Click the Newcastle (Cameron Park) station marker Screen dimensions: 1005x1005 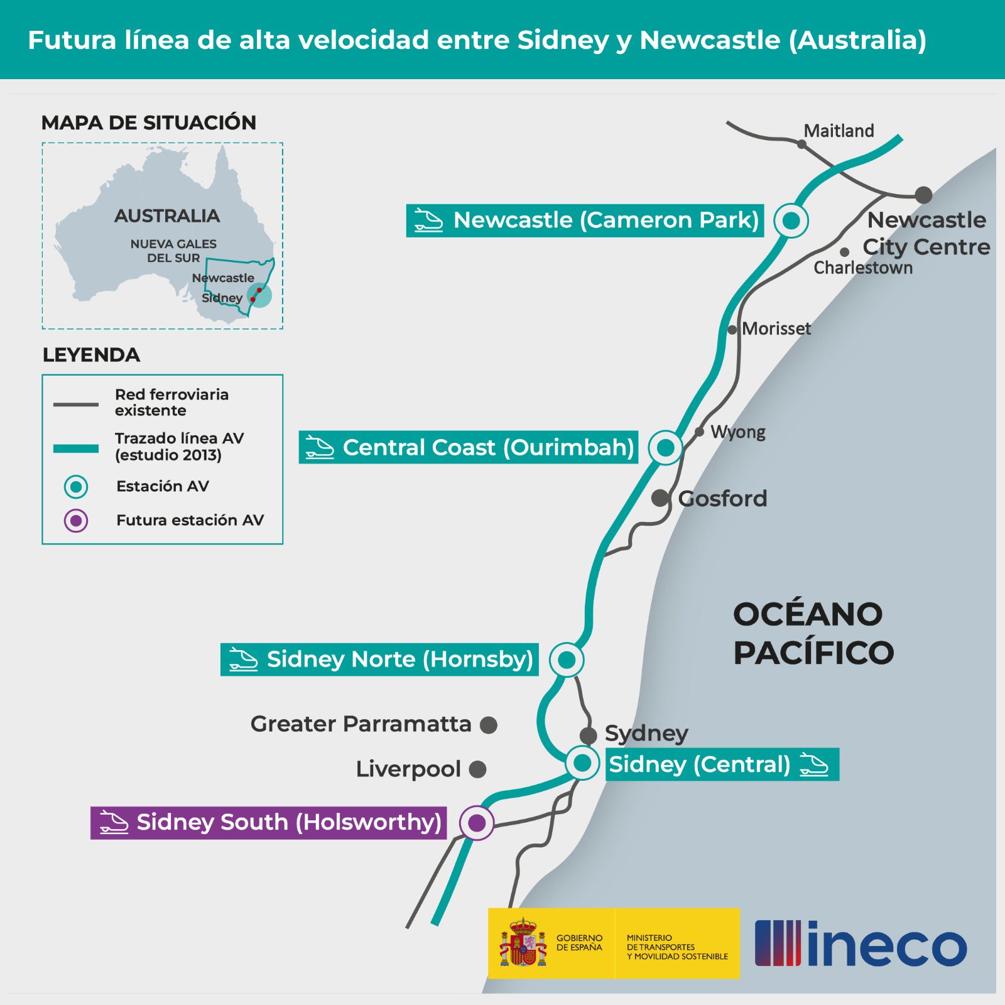pyautogui.click(x=791, y=220)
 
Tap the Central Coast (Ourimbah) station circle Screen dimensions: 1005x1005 pyautogui.click(x=665, y=447)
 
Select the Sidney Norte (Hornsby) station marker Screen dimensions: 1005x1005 pyautogui.click(x=567, y=660)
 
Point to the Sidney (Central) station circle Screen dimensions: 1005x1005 pyautogui.click(x=582, y=763)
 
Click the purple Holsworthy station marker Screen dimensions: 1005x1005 pyautogui.click(x=477, y=822)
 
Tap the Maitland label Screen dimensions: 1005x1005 pyautogui.click(x=839, y=131)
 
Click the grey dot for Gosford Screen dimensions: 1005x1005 pyautogui.click(x=660, y=498)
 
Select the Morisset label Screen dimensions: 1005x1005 pyautogui.click(x=776, y=329)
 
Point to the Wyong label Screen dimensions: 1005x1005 pyautogui.click(x=738, y=432)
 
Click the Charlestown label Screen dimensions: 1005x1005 pyautogui.click(x=863, y=268)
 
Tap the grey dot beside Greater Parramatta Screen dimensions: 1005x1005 pyautogui.click(x=489, y=725)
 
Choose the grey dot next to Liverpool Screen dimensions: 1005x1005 pyautogui.click(x=477, y=769)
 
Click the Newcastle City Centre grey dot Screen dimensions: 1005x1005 pyautogui.click(x=923, y=195)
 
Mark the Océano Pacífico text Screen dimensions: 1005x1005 pyautogui.click(x=813, y=633)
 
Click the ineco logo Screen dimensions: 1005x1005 pyautogui.click(x=861, y=943)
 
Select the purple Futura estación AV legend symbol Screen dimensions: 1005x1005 pyautogui.click(x=76, y=521)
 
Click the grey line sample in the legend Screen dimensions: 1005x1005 pyautogui.click(x=76, y=404)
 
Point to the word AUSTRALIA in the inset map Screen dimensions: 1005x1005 pyautogui.click(x=167, y=216)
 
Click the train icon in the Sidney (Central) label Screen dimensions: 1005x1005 pyautogui.click(x=814, y=764)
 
